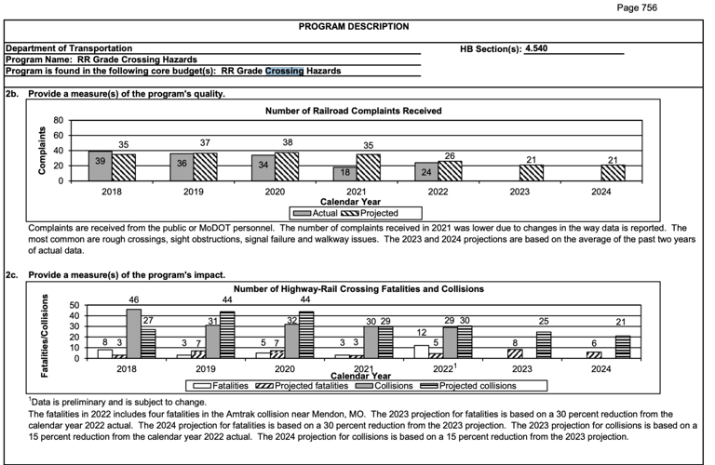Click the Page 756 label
[x=662, y=7]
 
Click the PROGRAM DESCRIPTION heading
[x=353, y=26]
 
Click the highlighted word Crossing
[x=284, y=71]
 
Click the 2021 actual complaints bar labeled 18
[x=344, y=173]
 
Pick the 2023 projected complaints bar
[x=532, y=172]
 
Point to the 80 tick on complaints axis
[x=58, y=121]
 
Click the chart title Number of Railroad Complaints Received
[x=353, y=111]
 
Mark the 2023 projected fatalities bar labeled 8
[x=515, y=353]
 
